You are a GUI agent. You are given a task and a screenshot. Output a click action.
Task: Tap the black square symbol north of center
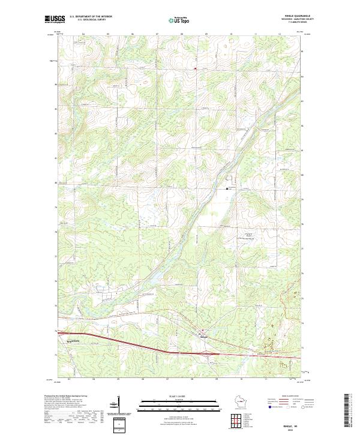point(227,189)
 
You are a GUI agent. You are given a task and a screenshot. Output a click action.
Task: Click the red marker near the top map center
point(196,68)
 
